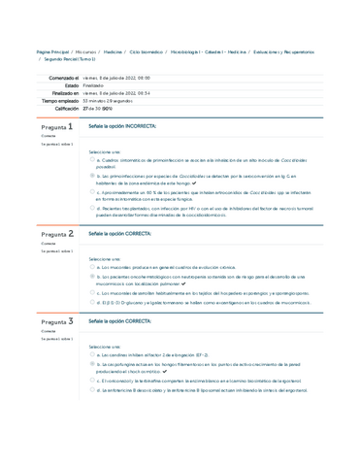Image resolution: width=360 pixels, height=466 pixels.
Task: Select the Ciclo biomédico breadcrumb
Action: [147, 51]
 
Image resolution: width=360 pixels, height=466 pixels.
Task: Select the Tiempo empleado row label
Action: [54, 100]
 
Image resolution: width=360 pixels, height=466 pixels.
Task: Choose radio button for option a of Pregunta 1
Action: [90, 160]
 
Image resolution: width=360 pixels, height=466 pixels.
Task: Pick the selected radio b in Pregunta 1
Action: [90, 176]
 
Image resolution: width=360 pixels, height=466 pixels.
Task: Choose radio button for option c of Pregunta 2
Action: [90, 290]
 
